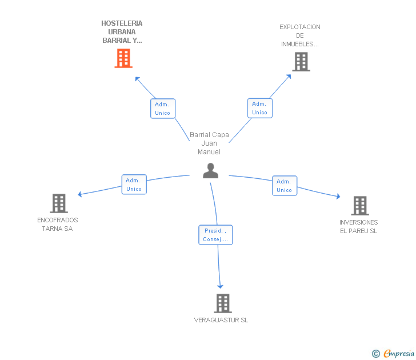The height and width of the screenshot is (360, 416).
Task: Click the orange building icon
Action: coord(123,58)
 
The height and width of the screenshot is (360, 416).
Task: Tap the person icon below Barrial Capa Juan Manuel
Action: coord(211,171)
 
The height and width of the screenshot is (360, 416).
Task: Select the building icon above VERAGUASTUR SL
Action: coord(223,303)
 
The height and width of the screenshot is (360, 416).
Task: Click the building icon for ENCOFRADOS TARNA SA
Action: coord(59,203)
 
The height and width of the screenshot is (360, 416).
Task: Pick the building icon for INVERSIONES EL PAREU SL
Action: coord(360,206)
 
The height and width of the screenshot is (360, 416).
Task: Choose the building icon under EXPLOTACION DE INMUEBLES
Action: coord(301,62)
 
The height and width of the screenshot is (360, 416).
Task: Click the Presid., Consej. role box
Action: coord(215,235)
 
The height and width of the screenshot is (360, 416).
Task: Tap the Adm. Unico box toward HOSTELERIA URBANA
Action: coord(163,109)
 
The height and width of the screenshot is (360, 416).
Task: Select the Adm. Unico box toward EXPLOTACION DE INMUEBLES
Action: coord(260,108)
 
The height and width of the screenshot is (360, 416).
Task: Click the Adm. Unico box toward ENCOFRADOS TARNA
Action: coord(134,185)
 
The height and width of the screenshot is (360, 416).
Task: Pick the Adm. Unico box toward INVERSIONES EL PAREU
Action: coord(285,186)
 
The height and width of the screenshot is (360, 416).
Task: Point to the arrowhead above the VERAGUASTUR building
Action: coord(220,286)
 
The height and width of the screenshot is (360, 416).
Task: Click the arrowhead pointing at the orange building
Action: coord(137,79)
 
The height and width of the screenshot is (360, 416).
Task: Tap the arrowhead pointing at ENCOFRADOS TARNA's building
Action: coord(79,194)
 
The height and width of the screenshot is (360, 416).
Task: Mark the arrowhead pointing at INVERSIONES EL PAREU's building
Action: coord(338,197)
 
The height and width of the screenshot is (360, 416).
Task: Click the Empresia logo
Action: coord(399,354)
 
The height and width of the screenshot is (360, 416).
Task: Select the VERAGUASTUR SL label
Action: coord(221,320)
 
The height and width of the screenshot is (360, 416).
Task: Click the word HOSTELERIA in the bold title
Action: coord(122,23)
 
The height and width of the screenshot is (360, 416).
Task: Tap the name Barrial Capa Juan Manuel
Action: coord(209,143)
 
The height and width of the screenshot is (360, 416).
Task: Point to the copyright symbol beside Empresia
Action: coord(376,354)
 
